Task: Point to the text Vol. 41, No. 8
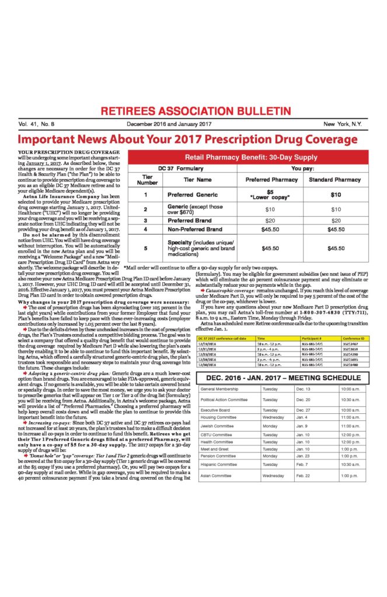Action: tap(36, 125)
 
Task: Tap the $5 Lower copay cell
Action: tap(270, 195)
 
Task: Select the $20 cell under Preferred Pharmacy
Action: tap(270, 221)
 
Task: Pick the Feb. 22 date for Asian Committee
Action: tap(304, 476)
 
